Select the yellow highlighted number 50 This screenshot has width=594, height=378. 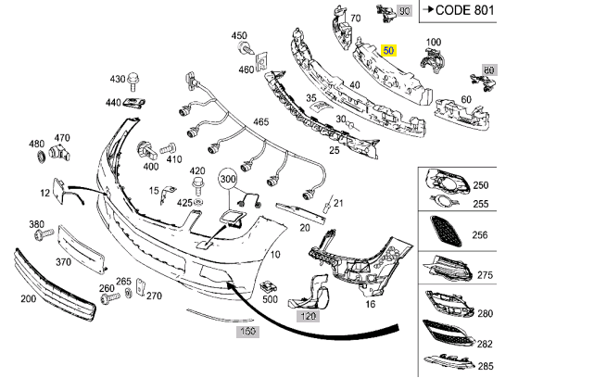(388, 51)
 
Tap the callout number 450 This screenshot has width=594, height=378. (240, 36)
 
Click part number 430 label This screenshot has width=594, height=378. (118, 80)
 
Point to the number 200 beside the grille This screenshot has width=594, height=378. (28, 298)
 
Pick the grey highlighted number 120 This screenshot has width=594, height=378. (308, 315)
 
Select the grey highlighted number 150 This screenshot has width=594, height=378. (246, 331)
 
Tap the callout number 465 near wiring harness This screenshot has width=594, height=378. (261, 122)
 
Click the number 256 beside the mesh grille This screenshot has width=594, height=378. (480, 235)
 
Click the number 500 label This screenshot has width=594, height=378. (270, 299)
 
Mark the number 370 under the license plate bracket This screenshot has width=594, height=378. (63, 262)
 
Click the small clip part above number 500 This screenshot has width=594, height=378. (268, 284)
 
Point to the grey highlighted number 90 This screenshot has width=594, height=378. (402, 11)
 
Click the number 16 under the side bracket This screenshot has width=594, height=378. (371, 303)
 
